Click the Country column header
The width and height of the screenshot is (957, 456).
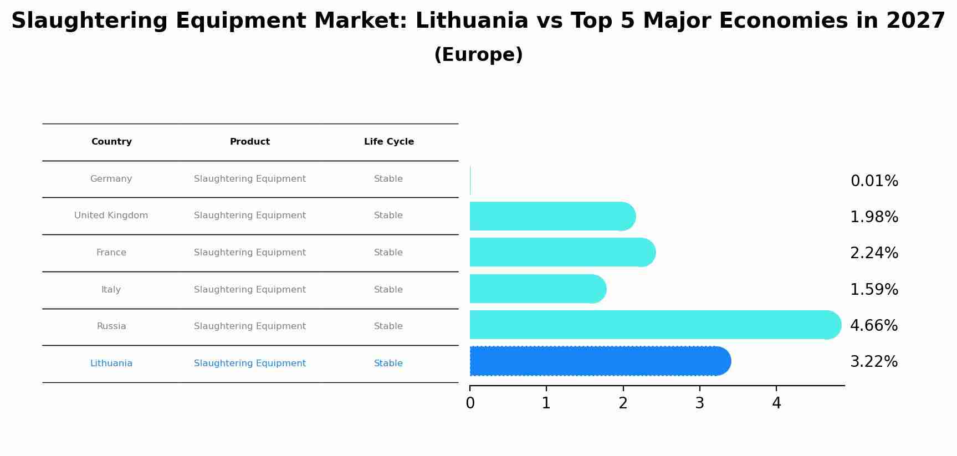111,142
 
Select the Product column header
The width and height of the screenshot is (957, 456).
250,142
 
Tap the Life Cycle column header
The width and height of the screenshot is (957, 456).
389,142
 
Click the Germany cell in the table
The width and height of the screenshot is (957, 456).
111,179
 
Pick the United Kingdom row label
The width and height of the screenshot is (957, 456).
111,216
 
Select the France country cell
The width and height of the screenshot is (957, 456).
111,253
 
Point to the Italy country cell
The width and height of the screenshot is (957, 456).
111,290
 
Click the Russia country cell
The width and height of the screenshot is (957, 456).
111,326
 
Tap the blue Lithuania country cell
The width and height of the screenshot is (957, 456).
111,363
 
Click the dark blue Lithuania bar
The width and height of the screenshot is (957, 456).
598,361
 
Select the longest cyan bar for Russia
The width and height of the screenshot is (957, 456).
654,325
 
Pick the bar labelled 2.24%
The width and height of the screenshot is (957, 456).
560,253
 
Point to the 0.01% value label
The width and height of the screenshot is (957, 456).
874,181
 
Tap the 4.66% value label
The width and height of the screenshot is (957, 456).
874,325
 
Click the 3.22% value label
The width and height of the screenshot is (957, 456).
874,362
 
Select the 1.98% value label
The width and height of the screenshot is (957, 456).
874,217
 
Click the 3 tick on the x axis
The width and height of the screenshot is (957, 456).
700,403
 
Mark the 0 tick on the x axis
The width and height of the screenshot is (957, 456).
470,403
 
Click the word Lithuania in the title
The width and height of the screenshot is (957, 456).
472,21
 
